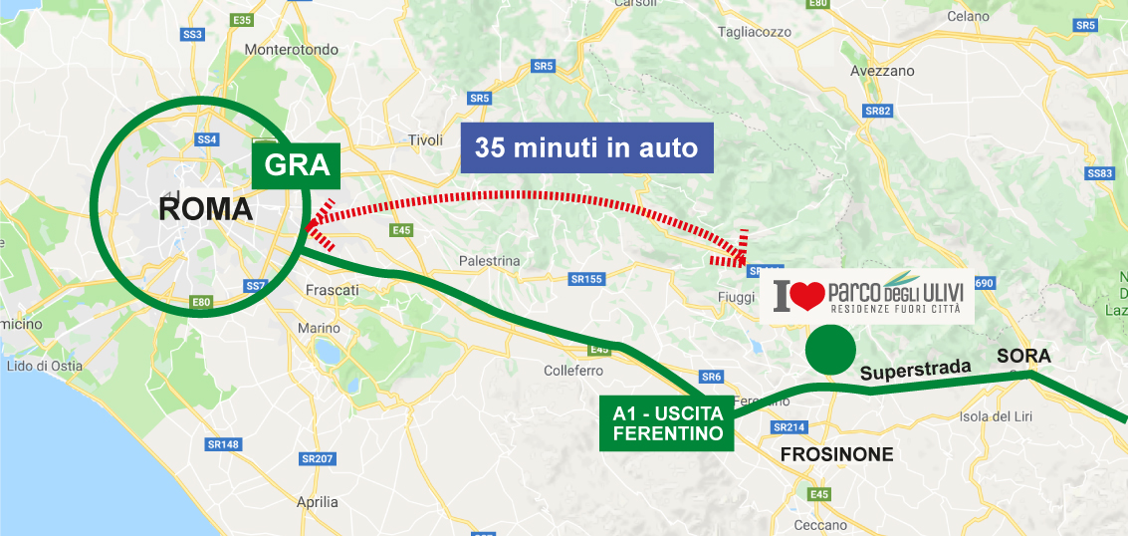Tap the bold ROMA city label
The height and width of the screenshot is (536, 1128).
[x=206, y=210]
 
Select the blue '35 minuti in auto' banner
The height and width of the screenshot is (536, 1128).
[x=586, y=147]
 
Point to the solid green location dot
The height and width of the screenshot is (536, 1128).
[x=829, y=350]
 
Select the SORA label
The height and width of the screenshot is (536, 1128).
[x=1024, y=356]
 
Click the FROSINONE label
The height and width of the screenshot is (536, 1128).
[x=837, y=454]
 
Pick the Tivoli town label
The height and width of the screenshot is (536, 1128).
[x=425, y=140]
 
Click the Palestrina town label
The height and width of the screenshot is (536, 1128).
[x=489, y=261]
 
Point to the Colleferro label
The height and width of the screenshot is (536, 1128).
[x=573, y=371]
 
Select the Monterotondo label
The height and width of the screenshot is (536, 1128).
[x=291, y=50]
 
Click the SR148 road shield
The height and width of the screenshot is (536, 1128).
[x=223, y=443]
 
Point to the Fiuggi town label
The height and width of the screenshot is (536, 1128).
[x=737, y=297]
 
